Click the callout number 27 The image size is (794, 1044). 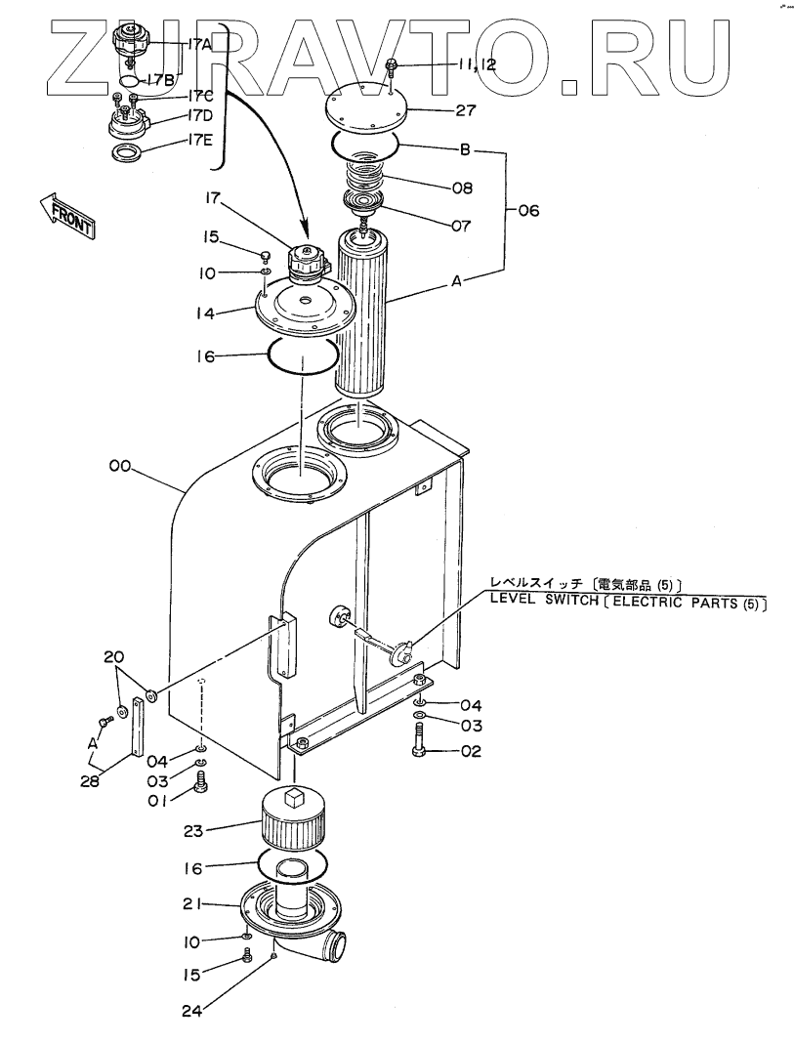pos(465,109)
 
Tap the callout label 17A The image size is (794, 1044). pos(199,45)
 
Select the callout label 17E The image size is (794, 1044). pos(199,141)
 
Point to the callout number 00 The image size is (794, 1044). pos(120,467)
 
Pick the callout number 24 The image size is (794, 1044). pos(191,1012)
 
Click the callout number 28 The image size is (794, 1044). pos(90,781)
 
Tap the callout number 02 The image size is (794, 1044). pos(471,751)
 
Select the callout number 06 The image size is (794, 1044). pos(527,211)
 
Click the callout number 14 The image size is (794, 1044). pos(205,313)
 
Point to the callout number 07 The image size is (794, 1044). pos(461,226)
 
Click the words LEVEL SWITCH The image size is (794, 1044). pos(544,600)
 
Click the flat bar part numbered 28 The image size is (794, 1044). pos(138,727)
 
